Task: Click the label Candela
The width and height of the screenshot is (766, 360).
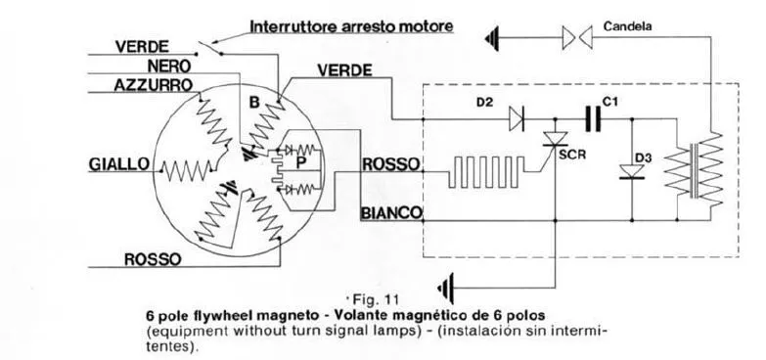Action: [x=627, y=26]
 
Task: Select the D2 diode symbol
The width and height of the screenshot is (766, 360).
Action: [x=517, y=119]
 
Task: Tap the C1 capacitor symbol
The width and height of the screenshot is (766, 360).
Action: [x=593, y=119]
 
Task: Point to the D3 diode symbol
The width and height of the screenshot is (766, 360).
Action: [x=632, y=171]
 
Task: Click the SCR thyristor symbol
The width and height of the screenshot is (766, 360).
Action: [x=556, y=139]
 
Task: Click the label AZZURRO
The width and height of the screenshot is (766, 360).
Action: [x=153, y=85]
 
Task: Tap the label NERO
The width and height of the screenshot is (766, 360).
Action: [x=169, y=66]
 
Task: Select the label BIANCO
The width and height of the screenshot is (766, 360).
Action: [x=391, y=213]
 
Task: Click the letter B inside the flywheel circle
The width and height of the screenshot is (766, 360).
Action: [x=254, y=103]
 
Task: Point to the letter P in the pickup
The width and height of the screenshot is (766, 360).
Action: [x=301, y=164]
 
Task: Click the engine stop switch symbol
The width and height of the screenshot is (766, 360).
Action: [x=208, y=49]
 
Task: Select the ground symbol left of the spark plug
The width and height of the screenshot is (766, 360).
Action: [x=492, y=37]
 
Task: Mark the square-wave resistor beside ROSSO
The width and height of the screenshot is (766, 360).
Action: [x=486, y=171]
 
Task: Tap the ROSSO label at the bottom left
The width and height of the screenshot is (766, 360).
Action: [x=153, y=259]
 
